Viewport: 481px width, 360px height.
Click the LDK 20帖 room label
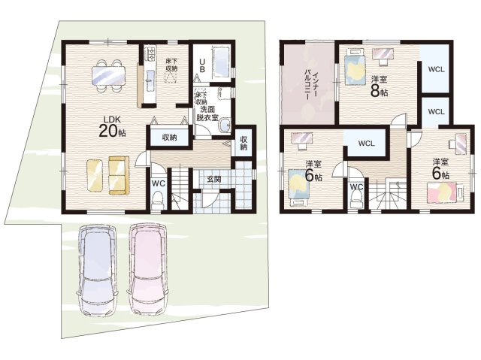coord(112,126)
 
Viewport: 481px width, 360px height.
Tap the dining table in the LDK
coord(108,75)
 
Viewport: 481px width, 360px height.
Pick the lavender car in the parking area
coord(97,271)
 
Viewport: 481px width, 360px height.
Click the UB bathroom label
coord(202,65)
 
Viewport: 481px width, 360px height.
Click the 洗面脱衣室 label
coord(207,113)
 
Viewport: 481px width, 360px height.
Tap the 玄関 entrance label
coord(213,179)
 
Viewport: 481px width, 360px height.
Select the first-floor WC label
coord(159,183)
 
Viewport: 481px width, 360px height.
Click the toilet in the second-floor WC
coord(356,198)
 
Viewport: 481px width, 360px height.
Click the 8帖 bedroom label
coord(379,86)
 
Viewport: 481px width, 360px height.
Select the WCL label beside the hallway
coord(366,144)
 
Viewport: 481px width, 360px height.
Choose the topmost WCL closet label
coord(436,70)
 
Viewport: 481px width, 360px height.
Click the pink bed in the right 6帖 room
coord(446,192)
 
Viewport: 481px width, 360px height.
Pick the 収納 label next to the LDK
coord(169,138)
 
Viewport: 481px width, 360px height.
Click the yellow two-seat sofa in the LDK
coord(119,175)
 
